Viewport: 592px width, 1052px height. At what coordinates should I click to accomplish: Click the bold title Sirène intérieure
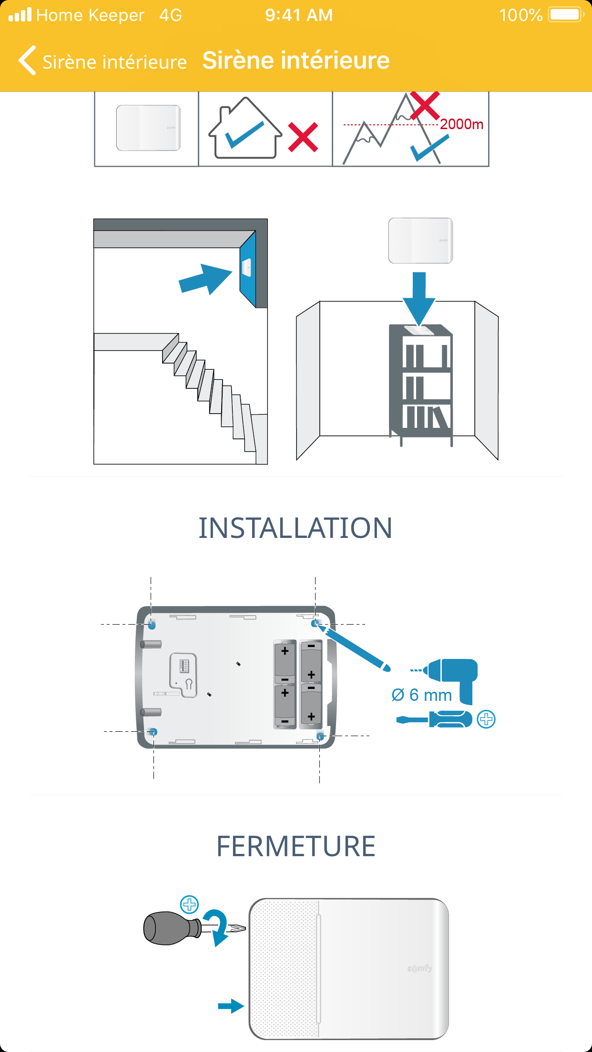coord(296,61)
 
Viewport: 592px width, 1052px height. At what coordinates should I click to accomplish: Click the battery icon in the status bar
coord(565,15)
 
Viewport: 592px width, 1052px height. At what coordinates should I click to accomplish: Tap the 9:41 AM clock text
coord(299,15)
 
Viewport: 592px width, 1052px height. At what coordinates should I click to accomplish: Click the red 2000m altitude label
coord(461,124)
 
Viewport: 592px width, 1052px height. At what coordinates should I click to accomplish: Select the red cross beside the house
coord(303,137)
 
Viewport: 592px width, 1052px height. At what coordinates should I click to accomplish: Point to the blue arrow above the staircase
coord(205,279)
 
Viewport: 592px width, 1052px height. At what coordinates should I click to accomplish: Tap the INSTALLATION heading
coord(296,528)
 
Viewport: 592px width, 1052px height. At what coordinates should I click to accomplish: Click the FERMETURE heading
coord(296,847)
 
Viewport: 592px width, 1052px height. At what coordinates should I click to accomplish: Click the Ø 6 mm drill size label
coord(421,695)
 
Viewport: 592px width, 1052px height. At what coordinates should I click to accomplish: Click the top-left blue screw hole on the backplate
coord(152,624)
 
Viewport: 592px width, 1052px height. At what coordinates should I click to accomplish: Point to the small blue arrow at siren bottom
coord(231,1006)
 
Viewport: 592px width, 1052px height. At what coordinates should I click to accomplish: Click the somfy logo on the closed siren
coord(420,969)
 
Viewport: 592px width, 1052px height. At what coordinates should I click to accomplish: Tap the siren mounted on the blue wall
coord(247,267)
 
